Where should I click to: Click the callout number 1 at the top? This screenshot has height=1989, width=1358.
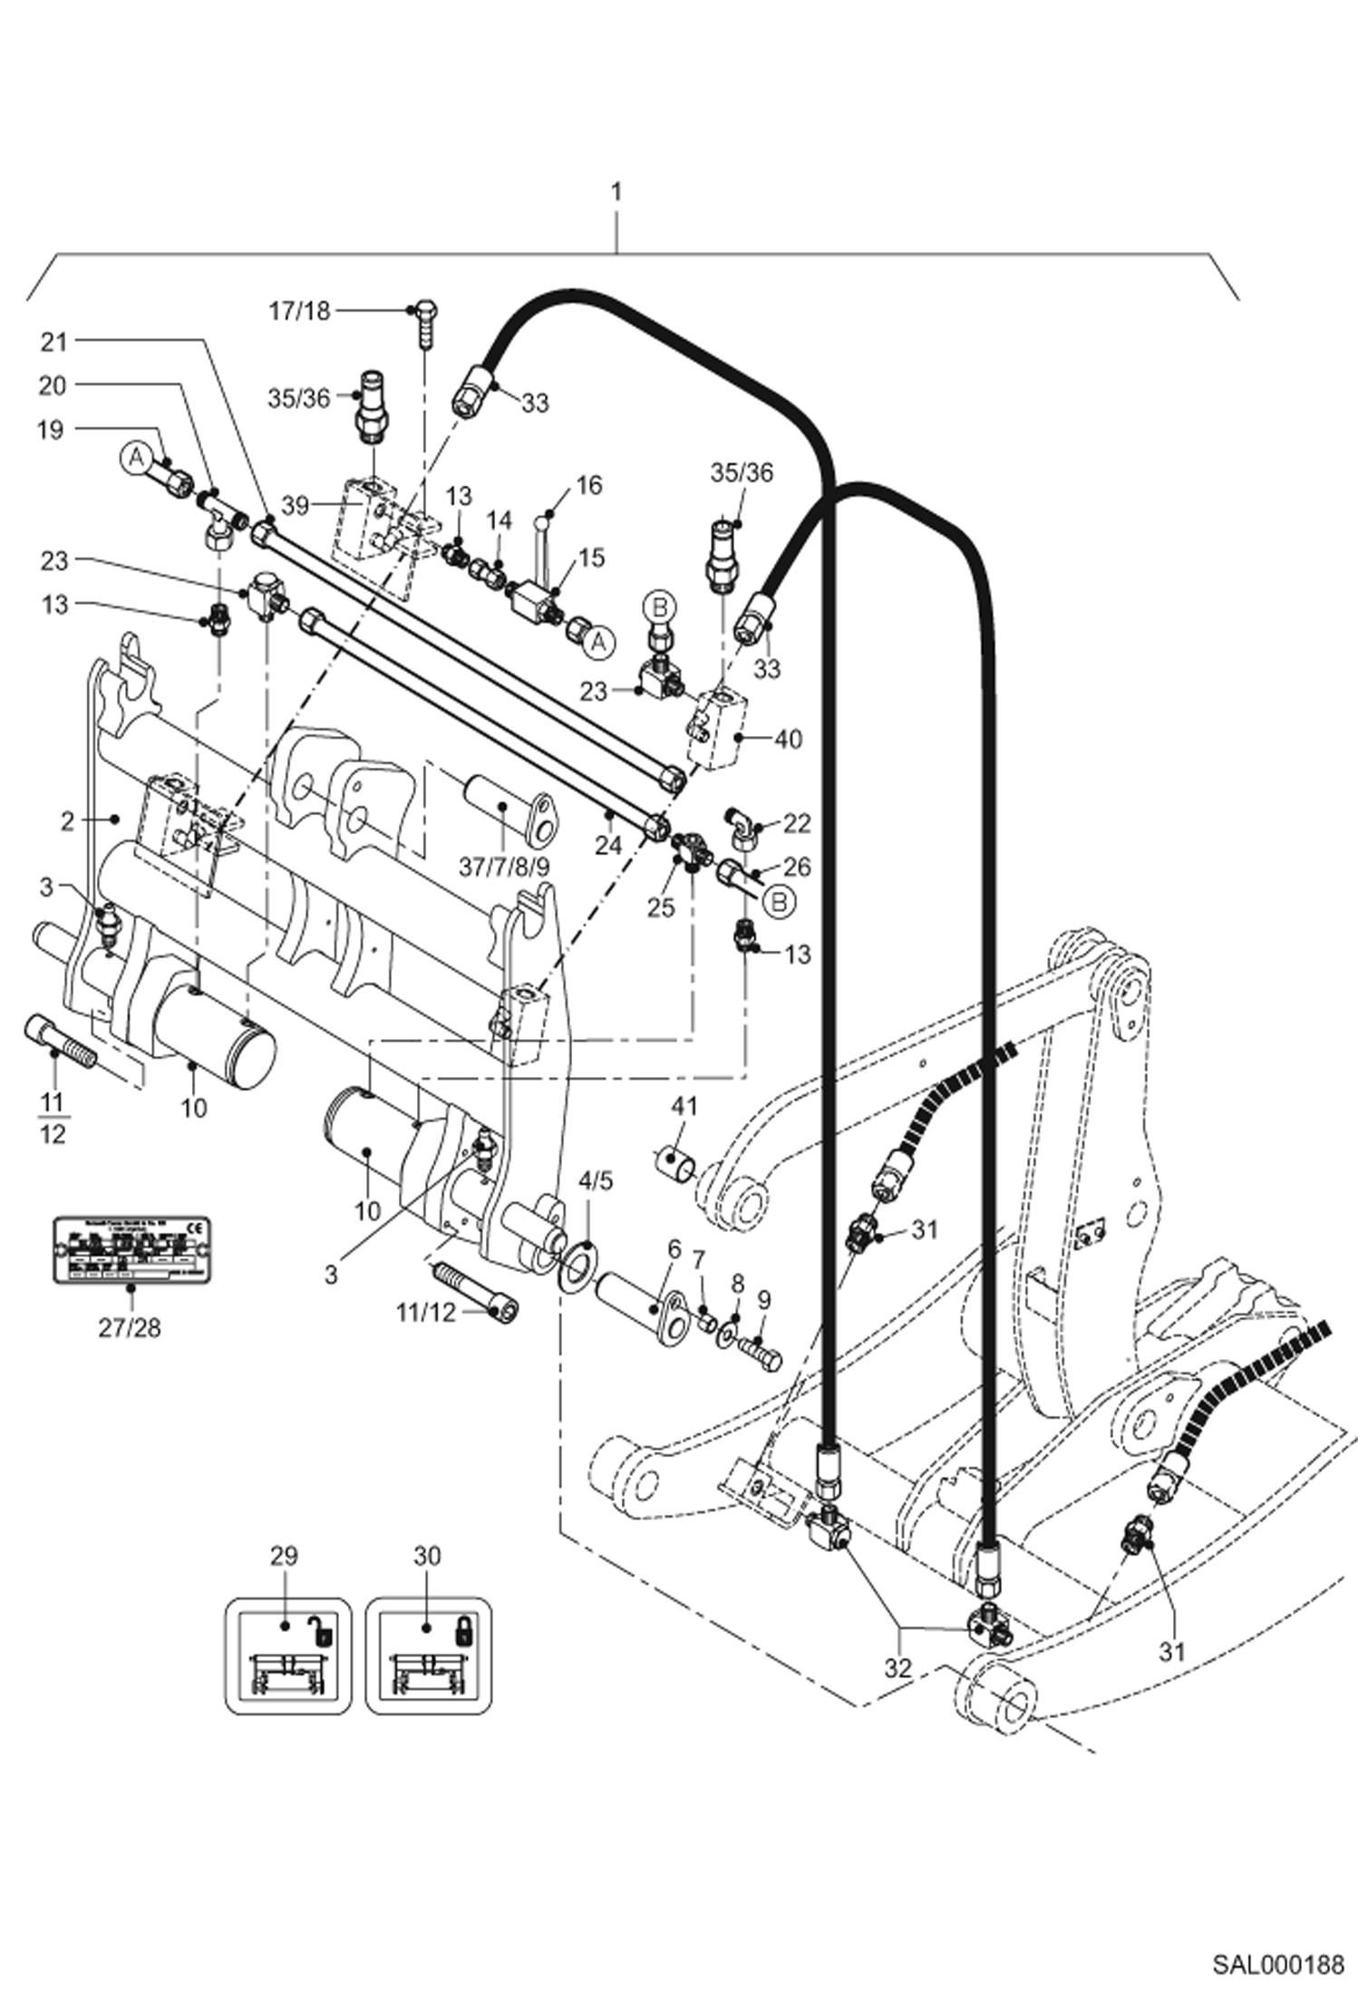point(616,193)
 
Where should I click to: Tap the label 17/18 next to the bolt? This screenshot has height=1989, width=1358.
point(299,311)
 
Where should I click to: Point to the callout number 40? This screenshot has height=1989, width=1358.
point(788,739)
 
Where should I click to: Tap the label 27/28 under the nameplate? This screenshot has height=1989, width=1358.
point(129,1328)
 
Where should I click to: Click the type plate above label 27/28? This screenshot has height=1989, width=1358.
point(132,1250)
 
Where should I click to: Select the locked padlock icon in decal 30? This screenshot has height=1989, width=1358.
point(462,1627)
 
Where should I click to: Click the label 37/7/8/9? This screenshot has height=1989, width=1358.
point(504,867)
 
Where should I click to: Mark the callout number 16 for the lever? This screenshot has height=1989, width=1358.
point(588,485)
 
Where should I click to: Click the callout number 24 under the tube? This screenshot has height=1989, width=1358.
point(608,845)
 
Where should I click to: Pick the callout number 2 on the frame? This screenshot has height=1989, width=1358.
point(67,821)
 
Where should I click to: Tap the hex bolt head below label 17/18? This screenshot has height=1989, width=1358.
point(427,308)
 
